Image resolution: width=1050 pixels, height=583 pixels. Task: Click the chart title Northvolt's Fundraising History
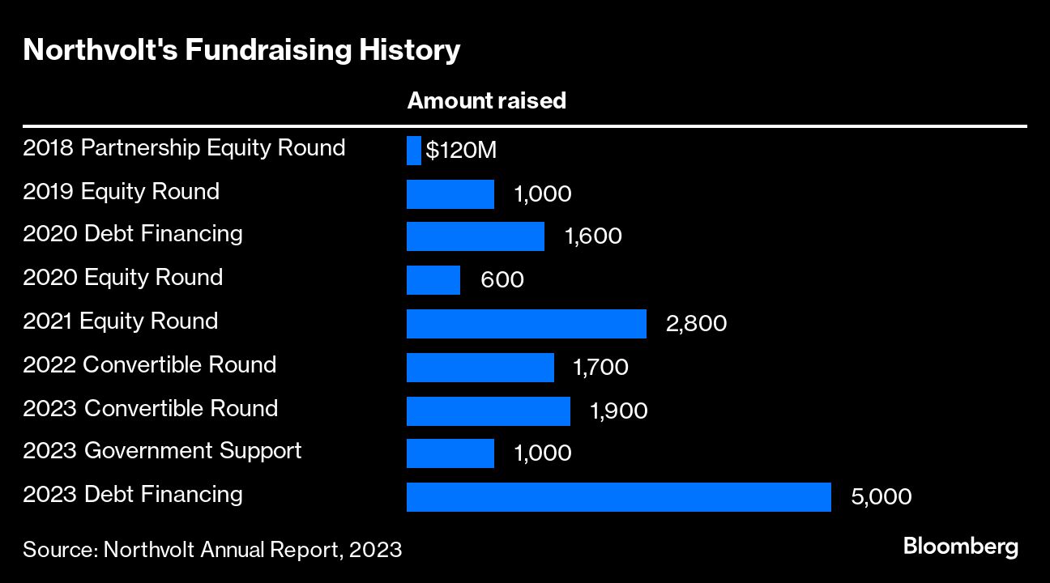(241, 51)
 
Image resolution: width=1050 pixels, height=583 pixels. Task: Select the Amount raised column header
(486, 101)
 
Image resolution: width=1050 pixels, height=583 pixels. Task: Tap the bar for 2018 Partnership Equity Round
(414, 151)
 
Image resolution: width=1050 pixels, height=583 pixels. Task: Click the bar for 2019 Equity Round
(450, 194)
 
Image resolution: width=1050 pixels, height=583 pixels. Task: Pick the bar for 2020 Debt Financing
(476, 236)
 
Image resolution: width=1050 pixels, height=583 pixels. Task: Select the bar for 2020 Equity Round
(433, 280)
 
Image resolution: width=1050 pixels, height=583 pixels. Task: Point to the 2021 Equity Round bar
(527, 324)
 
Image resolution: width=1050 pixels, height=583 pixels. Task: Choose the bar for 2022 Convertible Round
(480, 368)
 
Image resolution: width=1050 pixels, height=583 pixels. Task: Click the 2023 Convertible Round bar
(489, 411)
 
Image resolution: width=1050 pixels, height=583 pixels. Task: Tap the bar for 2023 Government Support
(450, 453)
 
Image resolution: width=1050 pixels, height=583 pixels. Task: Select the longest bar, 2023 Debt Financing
(619, 497)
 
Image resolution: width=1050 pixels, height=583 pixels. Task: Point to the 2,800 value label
(696, 324)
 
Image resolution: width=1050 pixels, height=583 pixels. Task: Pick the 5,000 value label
(881, 497)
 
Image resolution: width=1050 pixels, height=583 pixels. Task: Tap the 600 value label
(502, 280)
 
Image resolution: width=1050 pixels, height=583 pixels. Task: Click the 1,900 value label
(619, 411)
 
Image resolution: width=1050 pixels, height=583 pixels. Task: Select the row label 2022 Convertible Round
(150, 364)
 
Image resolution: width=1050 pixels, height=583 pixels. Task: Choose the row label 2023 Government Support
(162, 450)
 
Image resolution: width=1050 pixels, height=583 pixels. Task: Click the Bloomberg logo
(961, 547)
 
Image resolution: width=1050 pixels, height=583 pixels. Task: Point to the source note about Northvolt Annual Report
(212, 550)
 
